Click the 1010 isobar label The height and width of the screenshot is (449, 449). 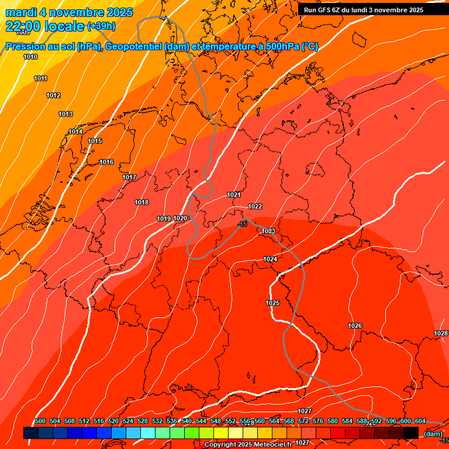pyautogui.click(x=30, y=57)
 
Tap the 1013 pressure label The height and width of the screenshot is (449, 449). pyautogui.click(x=65, y=114)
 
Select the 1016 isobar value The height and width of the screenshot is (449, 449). pyautogui.click(x=106, y=162)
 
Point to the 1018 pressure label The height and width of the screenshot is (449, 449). pyautogui.click(x=141, y=202)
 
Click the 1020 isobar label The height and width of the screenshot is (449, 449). pyautogui.click(x=180, y=218)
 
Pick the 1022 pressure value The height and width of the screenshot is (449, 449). pyautogui.click(x=255, y=206)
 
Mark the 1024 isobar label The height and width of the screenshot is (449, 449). pyautogui.click(x=270, y=259)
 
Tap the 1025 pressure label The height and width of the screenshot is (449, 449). pyautogui.click(x=272, y=303)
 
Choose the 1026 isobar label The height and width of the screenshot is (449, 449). pyautogui.click(x=355, y=326)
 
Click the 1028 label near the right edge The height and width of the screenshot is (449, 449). pyautogui.click(x=441, y=333)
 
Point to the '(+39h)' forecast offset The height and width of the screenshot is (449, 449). pyautogui.click(x=101, y=26)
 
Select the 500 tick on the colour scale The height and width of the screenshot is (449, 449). pyautogui.click(x=40, y=421)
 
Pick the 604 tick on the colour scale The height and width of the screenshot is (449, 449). pyautogui.click(x=420, y=421)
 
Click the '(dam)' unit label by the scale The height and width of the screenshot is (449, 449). pyautogui.click(x=433, y=433)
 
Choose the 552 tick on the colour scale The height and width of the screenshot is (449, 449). pyautogui.click(x=230, y=421)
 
